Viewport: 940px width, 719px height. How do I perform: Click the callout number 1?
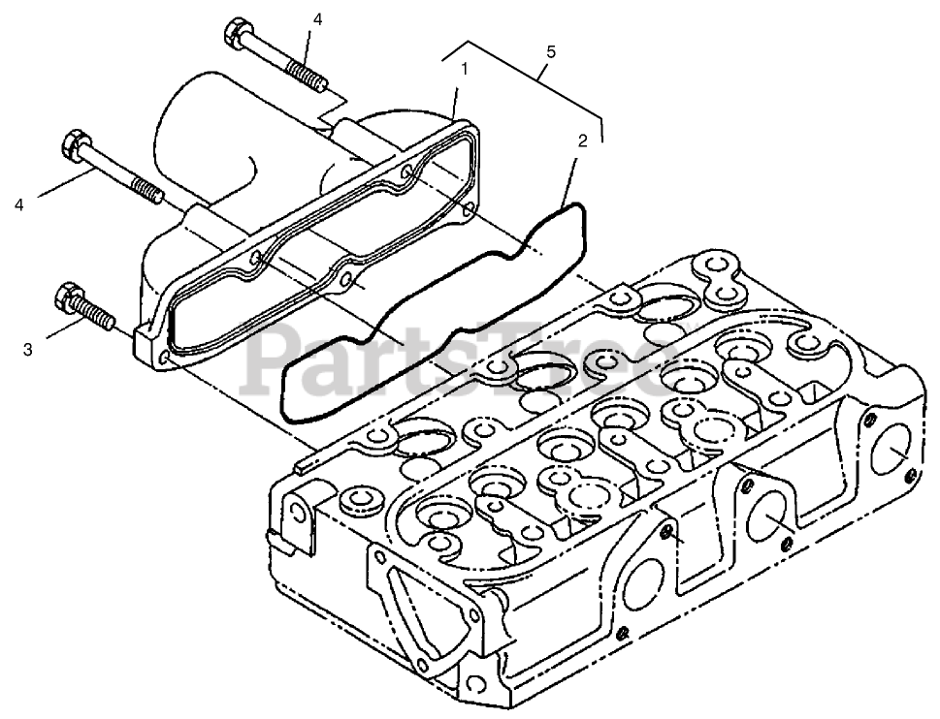click(x=465, y=69)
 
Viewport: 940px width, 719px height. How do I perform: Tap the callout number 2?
click(x=582, y=141)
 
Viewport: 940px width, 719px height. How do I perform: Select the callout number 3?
click(x=28, y=349)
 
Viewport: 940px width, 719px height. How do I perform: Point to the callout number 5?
click(x=550, y=52)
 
